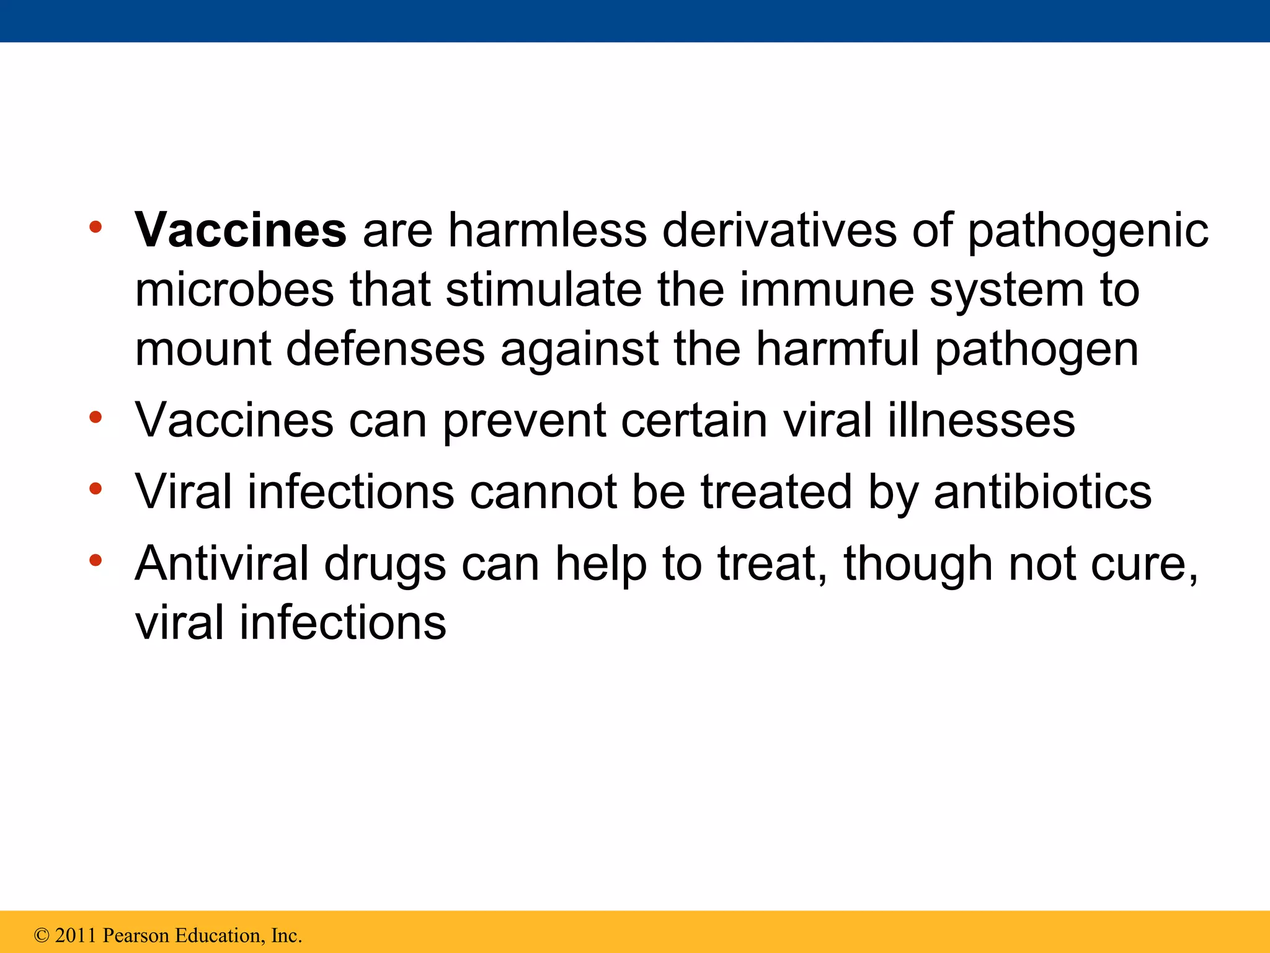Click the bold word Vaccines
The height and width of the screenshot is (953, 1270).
coord(241,230)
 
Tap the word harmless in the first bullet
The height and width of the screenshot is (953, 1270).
coord(548,230)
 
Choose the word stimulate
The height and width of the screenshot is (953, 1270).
coord(543,290)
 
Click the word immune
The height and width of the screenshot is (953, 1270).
coord(825,290)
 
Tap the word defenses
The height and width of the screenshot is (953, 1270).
coord(385,349)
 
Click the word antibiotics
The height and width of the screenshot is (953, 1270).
coord(1042,492)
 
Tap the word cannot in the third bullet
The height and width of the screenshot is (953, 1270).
coord(543,492)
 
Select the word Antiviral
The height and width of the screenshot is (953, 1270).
coord(222,563)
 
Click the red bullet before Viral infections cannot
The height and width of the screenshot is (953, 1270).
coord(95,490)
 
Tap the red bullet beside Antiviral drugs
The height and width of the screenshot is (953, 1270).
coord(95,561)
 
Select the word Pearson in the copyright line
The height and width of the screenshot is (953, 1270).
coord(136,935)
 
